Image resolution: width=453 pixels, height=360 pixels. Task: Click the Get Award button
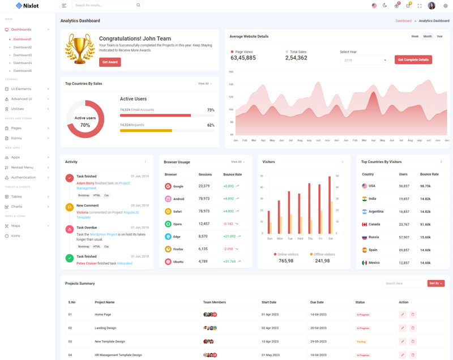pos(110,62)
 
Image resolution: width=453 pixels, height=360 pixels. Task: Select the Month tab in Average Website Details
pos(428,36)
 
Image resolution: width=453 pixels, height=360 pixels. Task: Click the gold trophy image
pos(80,49)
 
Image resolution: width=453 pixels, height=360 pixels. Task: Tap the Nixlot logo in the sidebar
pos(27,6)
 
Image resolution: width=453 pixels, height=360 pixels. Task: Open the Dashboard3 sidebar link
pos(23,55)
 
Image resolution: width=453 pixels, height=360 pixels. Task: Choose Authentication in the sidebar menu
pos(24,177)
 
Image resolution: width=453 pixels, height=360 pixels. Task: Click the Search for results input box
pos(105,5)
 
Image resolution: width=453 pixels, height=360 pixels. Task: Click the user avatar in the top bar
pos(431,6)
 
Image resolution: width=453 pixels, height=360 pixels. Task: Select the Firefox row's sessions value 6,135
pos(204,249)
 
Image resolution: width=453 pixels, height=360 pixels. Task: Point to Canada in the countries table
pos(374,224)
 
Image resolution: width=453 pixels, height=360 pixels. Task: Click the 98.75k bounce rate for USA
pos(425,186)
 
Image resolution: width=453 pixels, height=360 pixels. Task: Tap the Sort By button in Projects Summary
pos(436,283)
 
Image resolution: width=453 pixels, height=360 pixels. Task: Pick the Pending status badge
pos(361,342)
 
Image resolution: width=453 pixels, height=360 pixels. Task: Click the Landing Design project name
pos(105,328)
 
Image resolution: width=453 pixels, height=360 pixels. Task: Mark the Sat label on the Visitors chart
pos(331,238)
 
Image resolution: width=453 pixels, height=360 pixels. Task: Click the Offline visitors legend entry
pos(322,254)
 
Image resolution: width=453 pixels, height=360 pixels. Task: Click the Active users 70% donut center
pos(86,121)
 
